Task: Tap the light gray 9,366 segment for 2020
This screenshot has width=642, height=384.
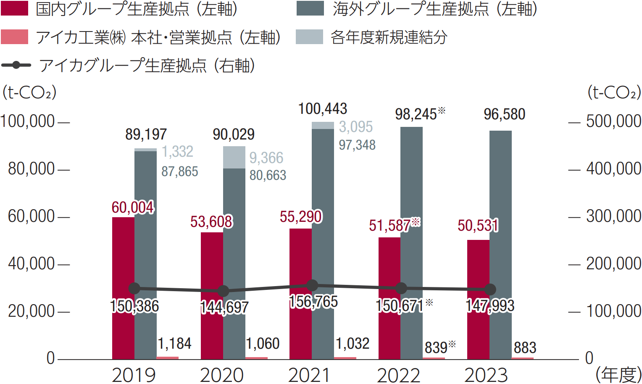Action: tap(234, 157)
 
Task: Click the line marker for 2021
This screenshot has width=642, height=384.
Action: tap(312, 286)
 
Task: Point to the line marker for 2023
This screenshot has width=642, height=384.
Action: tap(490, 289)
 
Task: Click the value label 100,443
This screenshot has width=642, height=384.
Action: tap(323, 109)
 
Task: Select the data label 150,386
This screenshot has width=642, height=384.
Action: tap(134, 306)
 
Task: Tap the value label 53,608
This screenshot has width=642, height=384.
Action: tap(211, 222)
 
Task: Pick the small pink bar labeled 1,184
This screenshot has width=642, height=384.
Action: tap(167, 358)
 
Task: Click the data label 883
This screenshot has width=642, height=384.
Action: tap(525, 348)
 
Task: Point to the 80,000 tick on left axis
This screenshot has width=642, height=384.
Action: tap(32, 169)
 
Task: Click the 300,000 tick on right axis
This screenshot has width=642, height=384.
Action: tap(613, 216)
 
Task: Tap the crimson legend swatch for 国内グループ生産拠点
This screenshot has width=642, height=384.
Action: tap(15, 9)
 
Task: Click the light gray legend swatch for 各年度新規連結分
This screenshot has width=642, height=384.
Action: tap(309, 37)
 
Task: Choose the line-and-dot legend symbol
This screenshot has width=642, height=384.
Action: tap(16, 65)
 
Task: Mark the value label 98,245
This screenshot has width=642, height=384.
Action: tap(416, 114)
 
